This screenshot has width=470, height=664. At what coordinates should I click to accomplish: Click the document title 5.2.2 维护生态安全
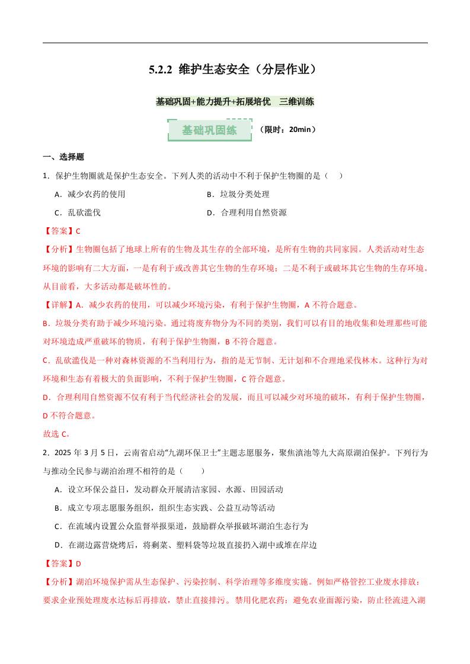235,70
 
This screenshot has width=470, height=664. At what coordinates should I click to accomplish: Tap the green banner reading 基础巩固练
209,130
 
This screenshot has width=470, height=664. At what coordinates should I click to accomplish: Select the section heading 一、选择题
63,157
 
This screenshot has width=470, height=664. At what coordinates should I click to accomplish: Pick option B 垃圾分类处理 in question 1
238,194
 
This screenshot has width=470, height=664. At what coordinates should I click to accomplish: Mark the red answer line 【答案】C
62,231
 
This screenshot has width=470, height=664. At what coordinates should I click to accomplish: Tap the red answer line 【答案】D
62,563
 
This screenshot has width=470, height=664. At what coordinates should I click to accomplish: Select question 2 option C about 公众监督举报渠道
181,526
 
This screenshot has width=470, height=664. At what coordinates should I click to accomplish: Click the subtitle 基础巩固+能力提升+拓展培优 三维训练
235,102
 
